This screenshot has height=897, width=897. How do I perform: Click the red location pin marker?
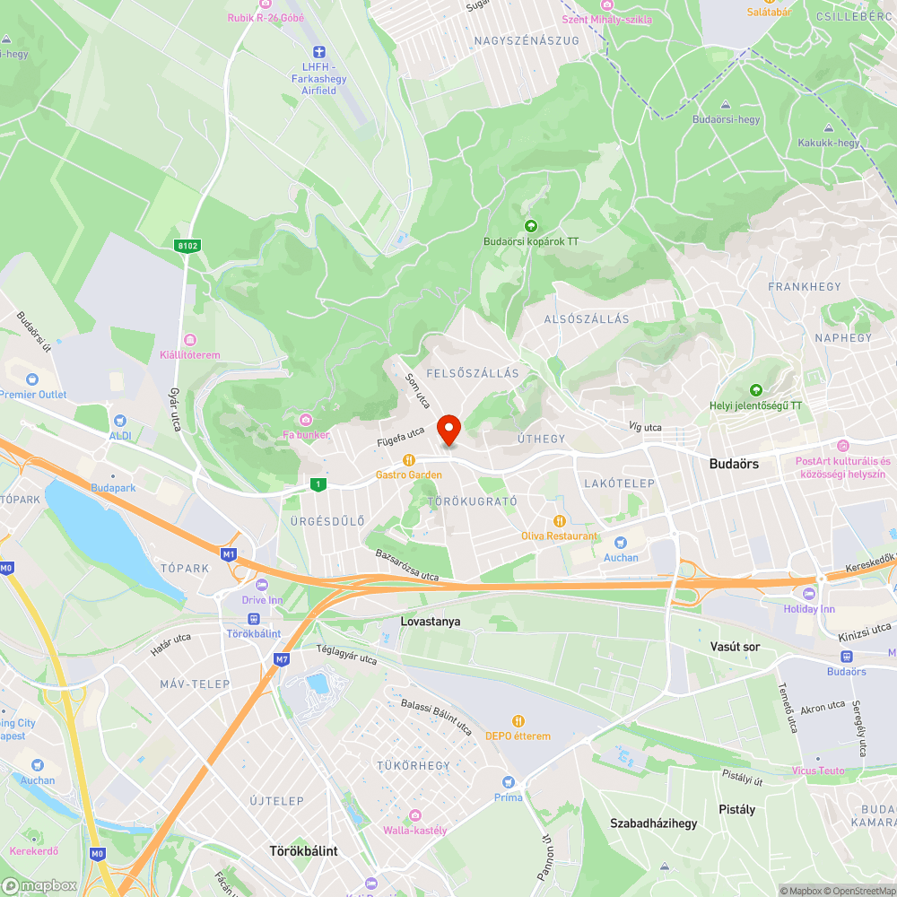tap(448, 430)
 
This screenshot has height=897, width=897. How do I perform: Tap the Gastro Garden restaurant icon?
tap(409, 459)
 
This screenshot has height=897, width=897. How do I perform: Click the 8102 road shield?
tap(187, 245)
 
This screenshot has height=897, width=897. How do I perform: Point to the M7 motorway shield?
tap(282, 659)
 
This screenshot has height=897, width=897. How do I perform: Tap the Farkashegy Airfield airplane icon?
tap(318, 54)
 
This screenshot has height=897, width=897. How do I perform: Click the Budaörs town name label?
tap(734, 464)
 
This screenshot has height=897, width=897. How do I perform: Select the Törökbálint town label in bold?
tap(304, 850)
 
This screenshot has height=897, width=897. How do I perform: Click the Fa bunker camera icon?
tap(306, 420)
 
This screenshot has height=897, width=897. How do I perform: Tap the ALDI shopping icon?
tap(119, 420)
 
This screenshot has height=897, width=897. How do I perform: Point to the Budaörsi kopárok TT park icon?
tap(530, 226)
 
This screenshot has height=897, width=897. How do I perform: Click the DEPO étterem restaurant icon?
tap(518, 720)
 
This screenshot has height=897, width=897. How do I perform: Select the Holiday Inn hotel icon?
tap(810, 593)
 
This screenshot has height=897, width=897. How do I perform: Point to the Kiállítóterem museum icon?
tap(189, 339)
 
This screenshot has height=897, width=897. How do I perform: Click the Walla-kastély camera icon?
tap(414, 814)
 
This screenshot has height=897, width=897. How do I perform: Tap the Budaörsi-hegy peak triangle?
tap(726, 103)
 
